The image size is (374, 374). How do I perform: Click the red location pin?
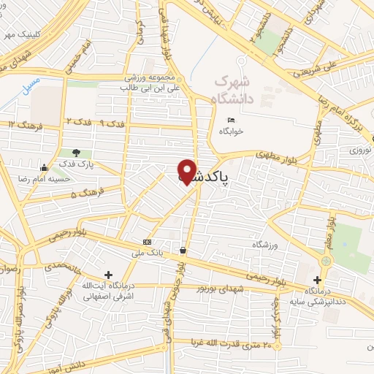[x=188, y=170]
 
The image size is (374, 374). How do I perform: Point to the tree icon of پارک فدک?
[x=77, y=153]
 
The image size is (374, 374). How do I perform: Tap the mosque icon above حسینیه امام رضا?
[x=45, y=167]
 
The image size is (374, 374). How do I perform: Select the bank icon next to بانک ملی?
[x=148, y=242]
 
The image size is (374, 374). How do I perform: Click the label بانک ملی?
[x=147, y=253]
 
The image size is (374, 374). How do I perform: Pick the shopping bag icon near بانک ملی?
[x=182, y=250]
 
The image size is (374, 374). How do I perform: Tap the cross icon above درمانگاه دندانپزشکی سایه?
[x=317, y=279]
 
